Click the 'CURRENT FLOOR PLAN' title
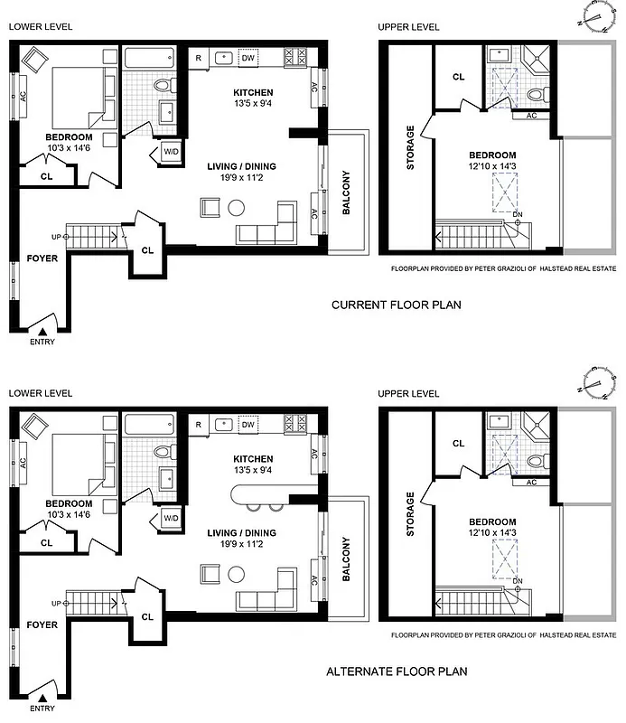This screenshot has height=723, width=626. (x=397, y=305)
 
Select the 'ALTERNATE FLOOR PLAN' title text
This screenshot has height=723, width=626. (x=397, y=671)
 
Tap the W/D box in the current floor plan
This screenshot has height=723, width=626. (x=171, y=152)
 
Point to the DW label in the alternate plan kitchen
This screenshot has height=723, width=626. (x=248, y=425)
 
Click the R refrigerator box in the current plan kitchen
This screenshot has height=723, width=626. (x=198, y=58)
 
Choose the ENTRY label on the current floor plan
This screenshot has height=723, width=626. (x=42, y=343)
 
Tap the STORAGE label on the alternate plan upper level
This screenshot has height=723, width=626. (x=411, y=514)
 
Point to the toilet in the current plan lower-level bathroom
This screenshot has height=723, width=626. (x=164, y=86)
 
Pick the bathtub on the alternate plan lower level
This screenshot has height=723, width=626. (x=148, y=424)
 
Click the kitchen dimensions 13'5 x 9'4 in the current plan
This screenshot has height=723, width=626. (x=253, y=103)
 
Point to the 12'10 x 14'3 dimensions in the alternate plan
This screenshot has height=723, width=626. (x=492, y=533)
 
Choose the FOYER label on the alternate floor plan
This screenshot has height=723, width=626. (x=42, y=624)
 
